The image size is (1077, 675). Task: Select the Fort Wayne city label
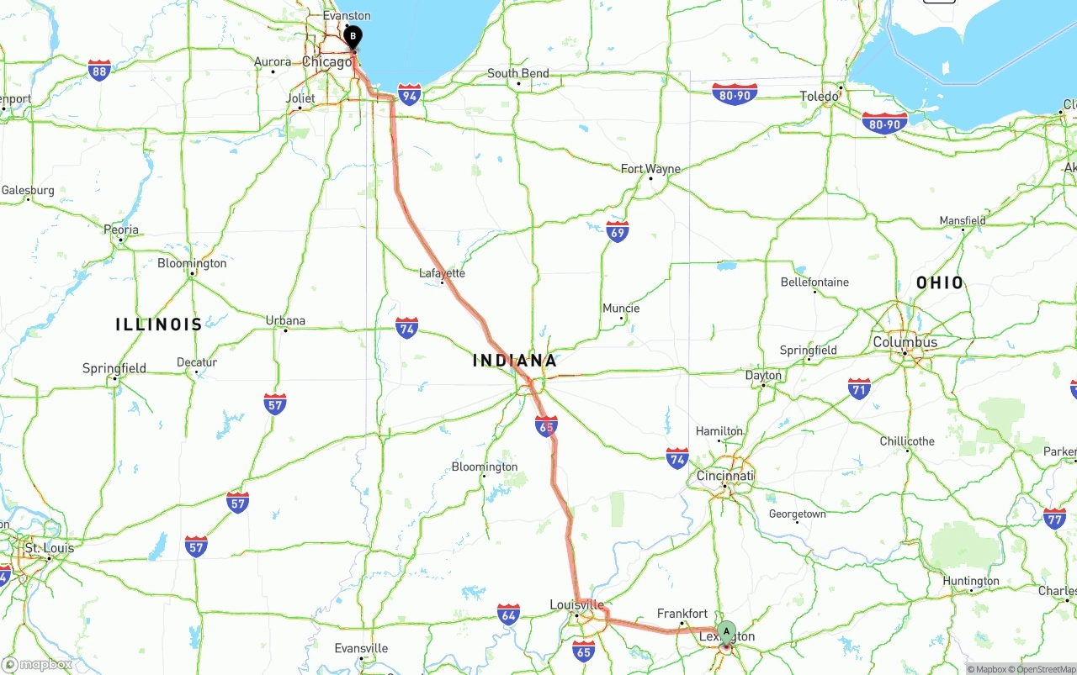coord(650,169)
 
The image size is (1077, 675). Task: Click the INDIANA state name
coord(515,361)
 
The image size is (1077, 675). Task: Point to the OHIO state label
coord(940,282)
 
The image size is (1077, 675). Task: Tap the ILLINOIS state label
coord(159,324)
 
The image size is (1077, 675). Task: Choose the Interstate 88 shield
coord(99,70)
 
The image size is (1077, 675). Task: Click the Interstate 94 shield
coord(410,93)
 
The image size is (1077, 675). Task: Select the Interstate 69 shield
coord(617,231)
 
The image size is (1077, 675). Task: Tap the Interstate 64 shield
coord(508,614)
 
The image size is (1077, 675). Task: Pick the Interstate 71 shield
coord(859,388)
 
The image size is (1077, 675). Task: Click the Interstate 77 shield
coord(1054,518)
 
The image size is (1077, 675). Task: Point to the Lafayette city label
coord(442,273)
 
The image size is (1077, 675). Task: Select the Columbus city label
coord(905,342)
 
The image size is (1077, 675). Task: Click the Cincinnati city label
coord(724,476)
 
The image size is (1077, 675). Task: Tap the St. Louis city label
coord(49,548)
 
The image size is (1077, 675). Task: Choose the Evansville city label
coord(361,648)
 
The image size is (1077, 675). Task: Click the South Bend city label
coord(517,73)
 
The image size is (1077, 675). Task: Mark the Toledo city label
coord(819,97)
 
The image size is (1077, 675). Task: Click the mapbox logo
coord(37,664)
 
